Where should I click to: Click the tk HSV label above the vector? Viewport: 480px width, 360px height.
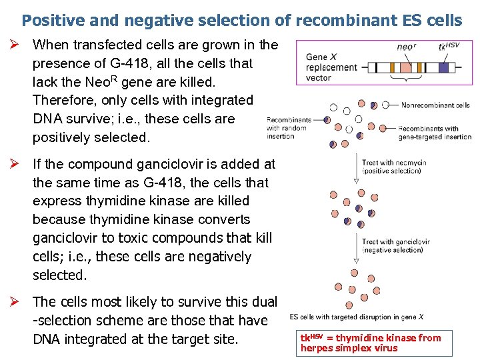[x=449, y=47]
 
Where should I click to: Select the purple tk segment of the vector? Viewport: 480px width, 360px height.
[x=443, y=67]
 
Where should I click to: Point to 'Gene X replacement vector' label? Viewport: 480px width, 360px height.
[x=331, y=67]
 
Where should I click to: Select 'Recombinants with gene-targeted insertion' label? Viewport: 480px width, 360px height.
[x=434, y=133]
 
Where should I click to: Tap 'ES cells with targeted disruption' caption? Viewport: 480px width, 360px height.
[x=356, y=317]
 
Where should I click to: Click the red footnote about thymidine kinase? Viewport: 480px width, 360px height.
[x=371, y=343]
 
